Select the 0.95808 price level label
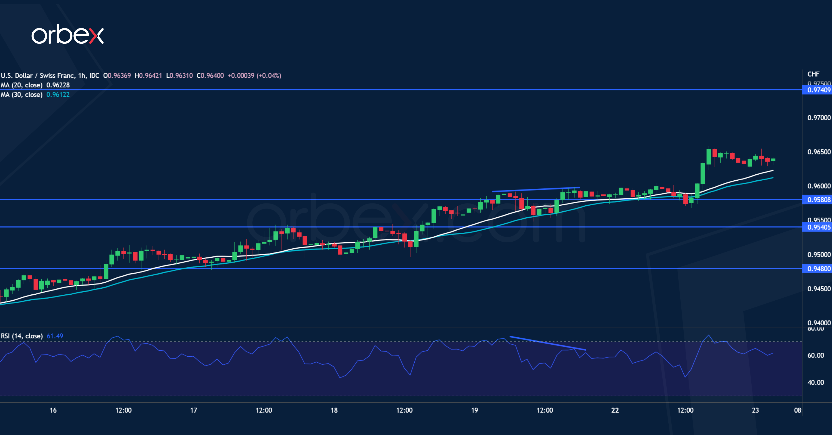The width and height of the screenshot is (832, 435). [818, 200]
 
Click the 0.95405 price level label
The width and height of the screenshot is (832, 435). [818, 227]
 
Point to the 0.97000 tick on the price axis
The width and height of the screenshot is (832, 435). [818, 118]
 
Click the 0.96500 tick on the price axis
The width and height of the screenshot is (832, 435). [818, 152]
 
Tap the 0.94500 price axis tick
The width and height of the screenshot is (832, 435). [818, 289]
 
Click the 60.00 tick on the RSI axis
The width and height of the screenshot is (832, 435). [816, 355]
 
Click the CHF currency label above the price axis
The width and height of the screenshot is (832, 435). [813, 74]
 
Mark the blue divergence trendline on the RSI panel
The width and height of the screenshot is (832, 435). [548, 343]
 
